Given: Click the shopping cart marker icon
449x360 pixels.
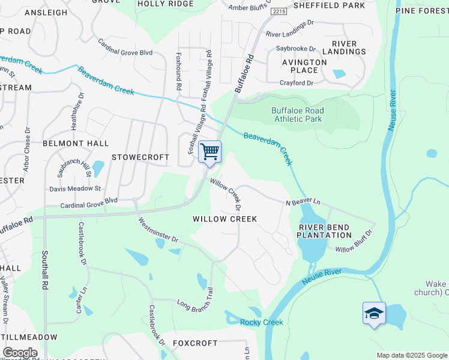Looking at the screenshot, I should coord(209,151).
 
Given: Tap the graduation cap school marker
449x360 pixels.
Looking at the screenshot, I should coord(373,313).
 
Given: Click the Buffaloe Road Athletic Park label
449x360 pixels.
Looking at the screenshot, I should coord(297,115).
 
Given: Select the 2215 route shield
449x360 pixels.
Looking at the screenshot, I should coord(278,11).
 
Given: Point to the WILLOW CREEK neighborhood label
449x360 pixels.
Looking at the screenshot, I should coord(224,219).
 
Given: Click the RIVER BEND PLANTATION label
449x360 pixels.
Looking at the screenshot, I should coord(325,230).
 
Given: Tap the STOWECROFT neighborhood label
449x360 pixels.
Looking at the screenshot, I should coord(140,157).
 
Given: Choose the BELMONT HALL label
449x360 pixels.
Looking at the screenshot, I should coord(76,143).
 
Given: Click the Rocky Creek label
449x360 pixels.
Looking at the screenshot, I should coord(261,322).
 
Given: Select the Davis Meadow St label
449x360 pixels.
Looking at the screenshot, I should coord(75,188).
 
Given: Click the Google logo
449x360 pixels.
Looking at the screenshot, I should coord(20,353).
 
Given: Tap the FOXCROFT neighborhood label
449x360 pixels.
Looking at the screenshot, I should coord(195,343).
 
